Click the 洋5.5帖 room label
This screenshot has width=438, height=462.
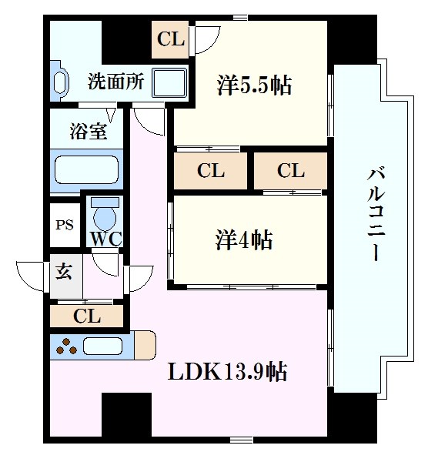(254, 85)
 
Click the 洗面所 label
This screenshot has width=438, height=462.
(115, 82)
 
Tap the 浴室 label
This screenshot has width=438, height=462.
(89, 131)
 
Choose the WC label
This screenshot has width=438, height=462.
(105, 238)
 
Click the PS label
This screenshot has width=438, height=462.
(64, 226)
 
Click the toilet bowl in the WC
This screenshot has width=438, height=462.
(104, 210)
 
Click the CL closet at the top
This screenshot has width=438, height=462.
(171, 39)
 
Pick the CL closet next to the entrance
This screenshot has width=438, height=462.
(86, 315)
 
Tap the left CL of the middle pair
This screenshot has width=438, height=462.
(210, 170)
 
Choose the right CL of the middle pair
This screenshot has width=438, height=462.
(291, 170)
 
